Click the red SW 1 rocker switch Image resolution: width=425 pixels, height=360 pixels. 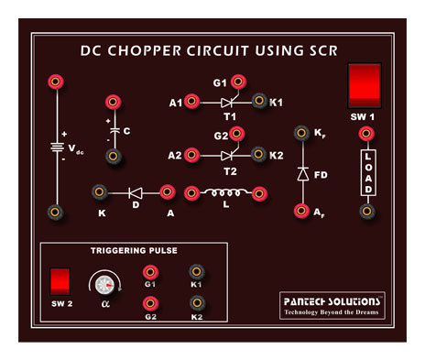point(364,87)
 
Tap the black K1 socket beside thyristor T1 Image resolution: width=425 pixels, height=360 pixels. point(258,101)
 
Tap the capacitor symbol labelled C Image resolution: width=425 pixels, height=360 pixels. point(114,131)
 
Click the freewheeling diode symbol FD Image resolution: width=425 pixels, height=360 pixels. point(300,172)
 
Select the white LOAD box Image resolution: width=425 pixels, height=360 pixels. point(366,172)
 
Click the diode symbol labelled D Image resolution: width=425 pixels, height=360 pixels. point(135,192)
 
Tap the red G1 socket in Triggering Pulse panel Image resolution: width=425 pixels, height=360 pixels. point(149,272)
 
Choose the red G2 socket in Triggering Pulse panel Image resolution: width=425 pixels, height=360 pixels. point(149,304)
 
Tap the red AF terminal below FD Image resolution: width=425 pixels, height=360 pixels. point(300,212)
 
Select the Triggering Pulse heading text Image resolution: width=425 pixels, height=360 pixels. point(134,249)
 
